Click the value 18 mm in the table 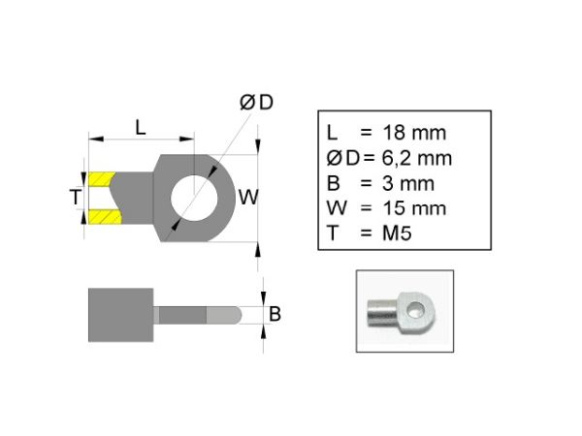(x=414, y=133)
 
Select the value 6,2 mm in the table (x=417, y=158)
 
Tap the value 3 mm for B (x=408, y=183)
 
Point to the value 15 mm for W (x=414, y=208)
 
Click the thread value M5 (x=397, y=234)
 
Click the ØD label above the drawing (x=256, y=103)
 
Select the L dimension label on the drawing (x=141, y=128)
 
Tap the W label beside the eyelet (x=248, y=197)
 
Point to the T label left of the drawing (x=76, y=197)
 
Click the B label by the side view (x=275, y=314)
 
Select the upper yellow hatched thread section (x=101, y=179)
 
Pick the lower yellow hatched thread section (x=105, y=217)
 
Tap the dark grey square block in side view (x=120, y=315)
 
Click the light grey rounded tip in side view (x=224, y=315)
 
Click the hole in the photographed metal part (x=414, y=310)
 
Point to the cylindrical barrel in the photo (x=383, y=314)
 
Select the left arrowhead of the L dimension (x=96, y=139)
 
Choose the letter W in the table (x=337, y=208)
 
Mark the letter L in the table (x=332, y=133)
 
